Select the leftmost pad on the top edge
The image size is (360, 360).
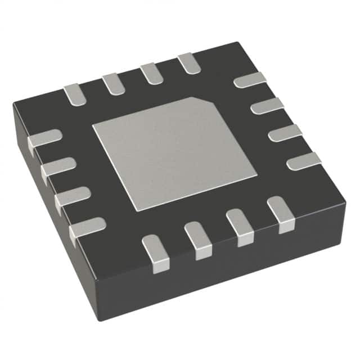coord(73,94)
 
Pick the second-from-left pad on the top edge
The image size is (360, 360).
coord(112,83)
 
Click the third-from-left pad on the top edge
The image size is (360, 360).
coord(151,73)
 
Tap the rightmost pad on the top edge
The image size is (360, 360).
coord(188,63)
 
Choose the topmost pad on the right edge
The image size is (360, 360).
coord(249,80)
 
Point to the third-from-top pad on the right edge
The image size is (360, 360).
coord(285,133)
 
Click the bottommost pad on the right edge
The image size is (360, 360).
coord(304,161)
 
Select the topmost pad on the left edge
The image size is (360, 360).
coord(44,139)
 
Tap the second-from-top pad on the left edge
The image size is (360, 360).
coord(58,168)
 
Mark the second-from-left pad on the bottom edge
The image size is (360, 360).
coord(199,240)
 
